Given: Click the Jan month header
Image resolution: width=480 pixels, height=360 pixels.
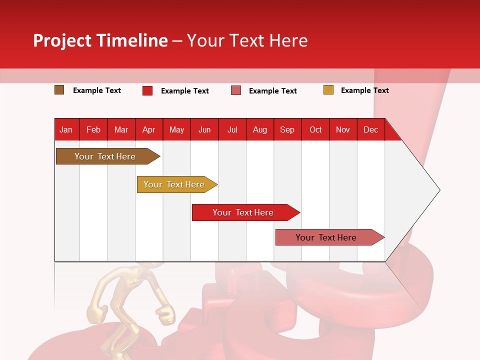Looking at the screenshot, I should pos(66,129).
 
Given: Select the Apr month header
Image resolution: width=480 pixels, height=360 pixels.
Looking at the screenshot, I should pos(148,129).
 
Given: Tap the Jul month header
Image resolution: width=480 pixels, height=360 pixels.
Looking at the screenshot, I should pos(232,129).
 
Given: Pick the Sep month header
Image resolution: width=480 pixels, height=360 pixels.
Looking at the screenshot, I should pos(287,129).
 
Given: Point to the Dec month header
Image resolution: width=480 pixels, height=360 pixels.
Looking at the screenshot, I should pos(370,129).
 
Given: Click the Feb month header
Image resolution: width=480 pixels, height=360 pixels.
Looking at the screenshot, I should pos(93,129).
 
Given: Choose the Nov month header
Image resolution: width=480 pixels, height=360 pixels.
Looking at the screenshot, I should pos(342,129).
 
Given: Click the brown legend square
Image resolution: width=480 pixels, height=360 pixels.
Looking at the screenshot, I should pos(59,90).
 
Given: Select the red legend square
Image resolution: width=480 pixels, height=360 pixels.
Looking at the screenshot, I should pos(147,90).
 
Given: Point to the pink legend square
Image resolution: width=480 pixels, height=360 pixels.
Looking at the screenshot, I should pos(236,90).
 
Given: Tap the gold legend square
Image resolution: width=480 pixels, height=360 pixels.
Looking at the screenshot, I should pos(328,90).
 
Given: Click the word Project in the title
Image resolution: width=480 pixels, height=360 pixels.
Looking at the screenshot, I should pos(62,40).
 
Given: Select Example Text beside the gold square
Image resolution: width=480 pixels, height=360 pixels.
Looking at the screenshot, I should pos(364,90).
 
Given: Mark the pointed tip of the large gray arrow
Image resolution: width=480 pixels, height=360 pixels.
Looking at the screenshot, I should pos(438,190).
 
